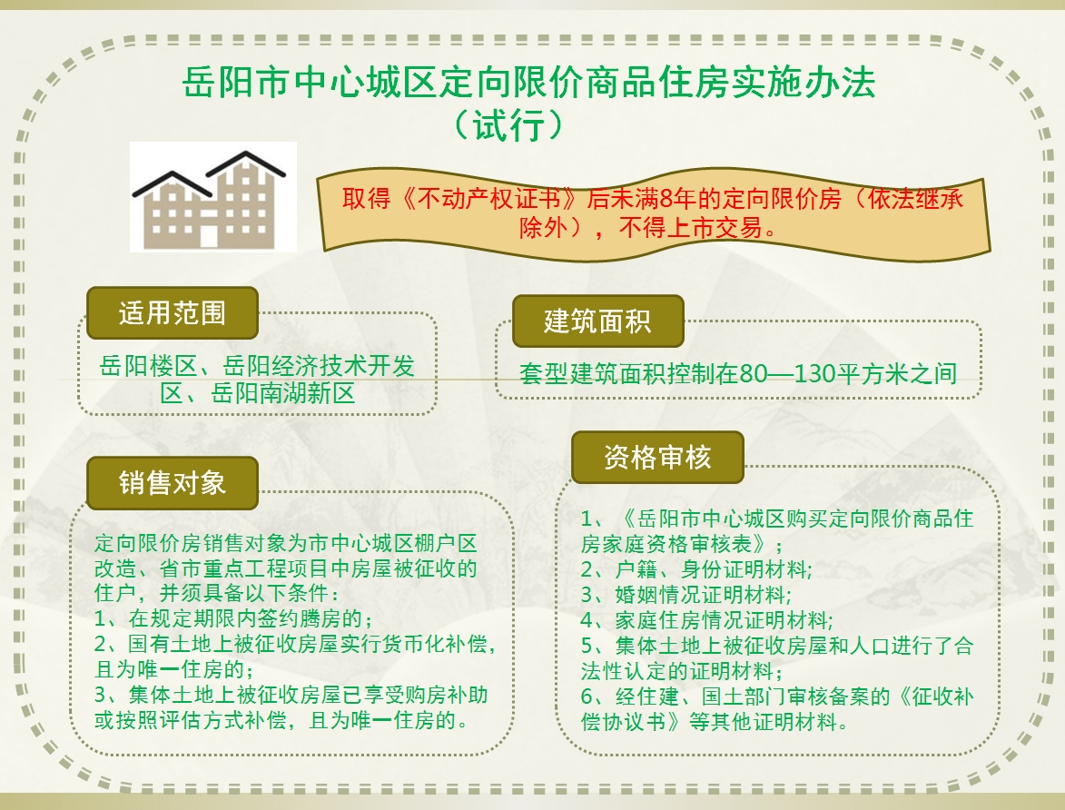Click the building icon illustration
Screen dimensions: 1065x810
point(212,197)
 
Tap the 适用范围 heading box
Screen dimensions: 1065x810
point(173,312)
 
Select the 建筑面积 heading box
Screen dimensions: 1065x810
point(597,321)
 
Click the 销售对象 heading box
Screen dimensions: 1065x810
point(173,483)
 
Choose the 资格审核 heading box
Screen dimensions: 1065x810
point(657,457)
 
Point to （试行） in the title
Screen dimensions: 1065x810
point(508,125)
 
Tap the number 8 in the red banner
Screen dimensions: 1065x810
point(666,199)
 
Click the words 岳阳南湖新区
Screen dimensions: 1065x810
point(283,393)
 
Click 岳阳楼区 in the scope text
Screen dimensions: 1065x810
point(148,366)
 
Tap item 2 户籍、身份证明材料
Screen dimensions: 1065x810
point(695,569)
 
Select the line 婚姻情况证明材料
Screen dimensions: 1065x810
point(686,595)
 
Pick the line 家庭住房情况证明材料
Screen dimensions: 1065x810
point(706,619)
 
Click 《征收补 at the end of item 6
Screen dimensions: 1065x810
point(934,696)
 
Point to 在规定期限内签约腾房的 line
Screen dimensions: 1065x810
point(233,618)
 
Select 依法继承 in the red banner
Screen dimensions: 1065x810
point(915,199)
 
